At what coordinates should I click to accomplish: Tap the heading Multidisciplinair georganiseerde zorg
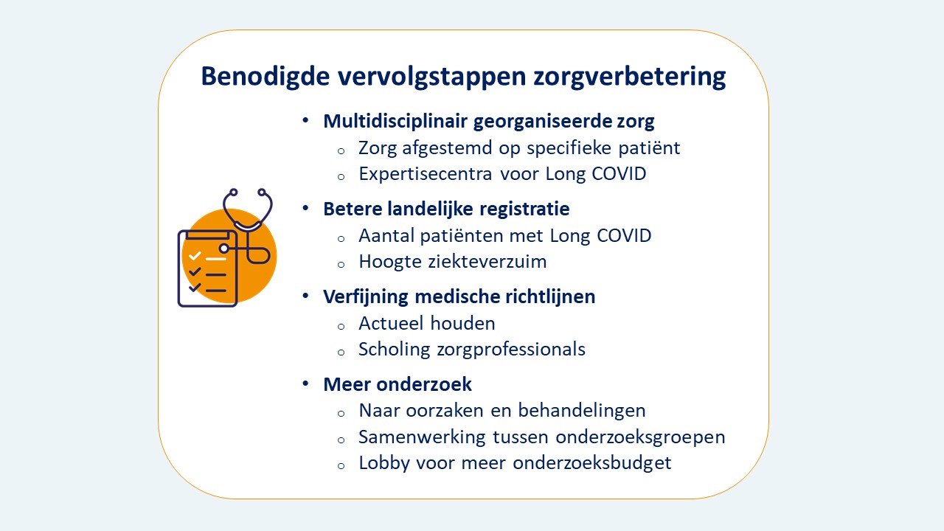coord(488,121)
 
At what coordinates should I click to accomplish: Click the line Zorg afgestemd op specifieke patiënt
coord(519,147)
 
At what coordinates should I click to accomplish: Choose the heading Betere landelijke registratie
coord(446,209)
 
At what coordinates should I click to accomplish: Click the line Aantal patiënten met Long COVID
coord(504,235)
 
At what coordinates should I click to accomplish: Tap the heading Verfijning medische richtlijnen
coord(459,296)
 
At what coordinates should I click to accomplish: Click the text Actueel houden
coord(426,323)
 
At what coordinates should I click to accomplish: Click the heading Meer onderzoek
coord(398,384)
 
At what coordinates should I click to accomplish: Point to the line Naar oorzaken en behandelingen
coord(502,411)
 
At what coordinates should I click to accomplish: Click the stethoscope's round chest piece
coord(223,249)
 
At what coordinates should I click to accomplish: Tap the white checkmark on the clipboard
coord(195,257)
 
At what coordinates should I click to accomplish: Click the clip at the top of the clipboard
coord(207,234)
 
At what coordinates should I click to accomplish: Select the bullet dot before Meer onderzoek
coord(305,384)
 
